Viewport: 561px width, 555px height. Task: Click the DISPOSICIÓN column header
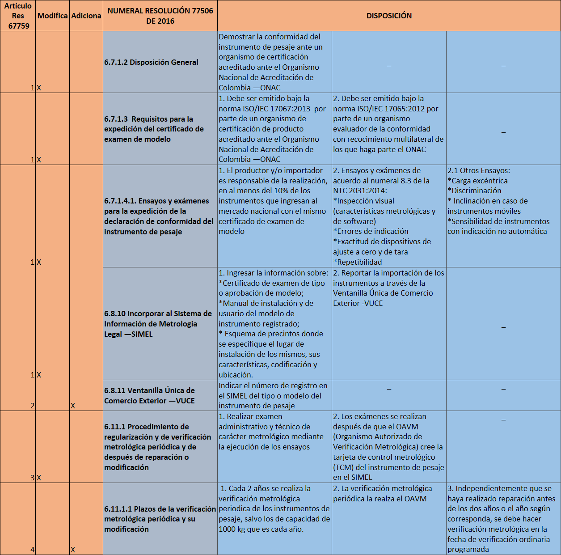pyautogui.click(x=389, y=16)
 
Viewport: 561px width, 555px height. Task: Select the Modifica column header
pyautogui.click(x=52, y=16)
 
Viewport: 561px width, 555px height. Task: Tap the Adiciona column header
pyautogui.click(x=86, y=16)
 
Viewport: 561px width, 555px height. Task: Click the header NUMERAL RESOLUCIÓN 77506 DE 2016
pyautogui.click(x=160, y=16)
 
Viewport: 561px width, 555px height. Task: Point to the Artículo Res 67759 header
pyautogui.click(x=18, y=16)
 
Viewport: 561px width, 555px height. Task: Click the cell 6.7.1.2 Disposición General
pyautogui.click(x=152, y=62)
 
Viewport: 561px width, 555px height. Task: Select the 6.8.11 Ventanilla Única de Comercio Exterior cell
pyautogui.click(x=150, y=395)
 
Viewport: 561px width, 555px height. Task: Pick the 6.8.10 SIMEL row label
pyautogui.click(x=158, y=324)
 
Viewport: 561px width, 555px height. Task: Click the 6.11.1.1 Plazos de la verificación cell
pyautogui.click(x=160, y=519)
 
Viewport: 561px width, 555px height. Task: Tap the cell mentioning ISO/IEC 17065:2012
pyautogui.click(x=388, y=124)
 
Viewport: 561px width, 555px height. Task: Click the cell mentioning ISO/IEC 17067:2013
pyautogui.click(x=274, y=129)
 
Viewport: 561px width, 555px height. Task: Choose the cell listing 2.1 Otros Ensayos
pyautogui.click(x=498, y=201)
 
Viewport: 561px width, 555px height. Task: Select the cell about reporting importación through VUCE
pyautogui.click(x=388, y=288)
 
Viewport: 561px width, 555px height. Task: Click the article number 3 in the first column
pyautogui.click(x=32, y=478)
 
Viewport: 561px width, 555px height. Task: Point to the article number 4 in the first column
pyautogui.click(x=32, y=550)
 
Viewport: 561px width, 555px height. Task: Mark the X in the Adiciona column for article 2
pyautogui.click(x=73, y=406)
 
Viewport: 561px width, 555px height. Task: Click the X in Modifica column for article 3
pyautogui.click(x=39, y=478)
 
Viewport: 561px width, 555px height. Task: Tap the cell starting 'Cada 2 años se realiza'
pyautogui.click(x=274, y=509)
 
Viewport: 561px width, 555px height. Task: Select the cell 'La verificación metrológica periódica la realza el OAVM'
pyautogui.click(x=383, y=494)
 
